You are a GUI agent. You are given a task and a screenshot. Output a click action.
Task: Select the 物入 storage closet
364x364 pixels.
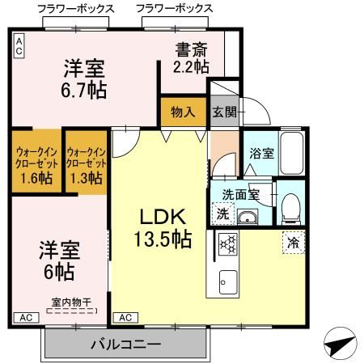pyautogui.click(x=183, y=112)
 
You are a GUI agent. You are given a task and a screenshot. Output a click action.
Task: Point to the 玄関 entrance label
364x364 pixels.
pyautogui.click(x=224, y=112)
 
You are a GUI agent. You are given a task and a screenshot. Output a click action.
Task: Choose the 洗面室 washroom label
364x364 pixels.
pyautogui.click(x=240, y=194)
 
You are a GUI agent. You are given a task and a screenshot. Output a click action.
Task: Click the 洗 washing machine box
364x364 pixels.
pyautogui.click(x=222, y=214)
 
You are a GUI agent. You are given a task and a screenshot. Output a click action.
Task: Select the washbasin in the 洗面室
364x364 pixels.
pyautogui.click(x=248, y=217)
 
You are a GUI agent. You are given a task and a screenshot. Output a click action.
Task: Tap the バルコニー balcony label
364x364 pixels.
pyautogui.click(x=124, y=345)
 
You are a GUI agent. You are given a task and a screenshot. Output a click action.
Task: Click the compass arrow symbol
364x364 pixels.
pyautogui.click(x=341, y=345)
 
